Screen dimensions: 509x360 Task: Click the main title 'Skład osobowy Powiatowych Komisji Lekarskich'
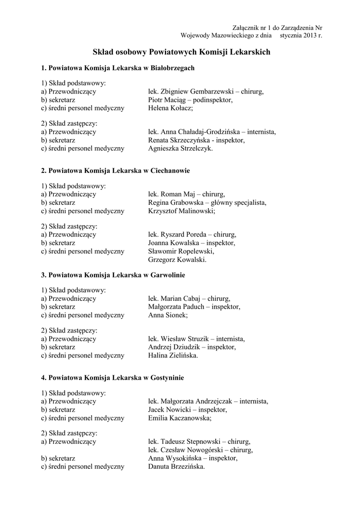[x=181, y=52]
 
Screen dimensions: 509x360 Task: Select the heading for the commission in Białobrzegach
[x=117, y=68]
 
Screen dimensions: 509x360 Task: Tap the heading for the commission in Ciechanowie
[x=115, y=170]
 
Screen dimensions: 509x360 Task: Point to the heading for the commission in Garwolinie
[x=113, y=274]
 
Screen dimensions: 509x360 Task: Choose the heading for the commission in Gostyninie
[x=112, y=378]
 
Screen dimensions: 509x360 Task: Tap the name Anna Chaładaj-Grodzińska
[x=201, y=132]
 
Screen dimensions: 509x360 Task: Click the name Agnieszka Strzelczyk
[x=180, y=148]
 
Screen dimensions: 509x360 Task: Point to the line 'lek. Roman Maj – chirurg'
[x=186, y=194]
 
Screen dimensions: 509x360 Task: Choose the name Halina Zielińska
[x=172, y=355]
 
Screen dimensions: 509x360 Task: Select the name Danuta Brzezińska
[x=176, y=467]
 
